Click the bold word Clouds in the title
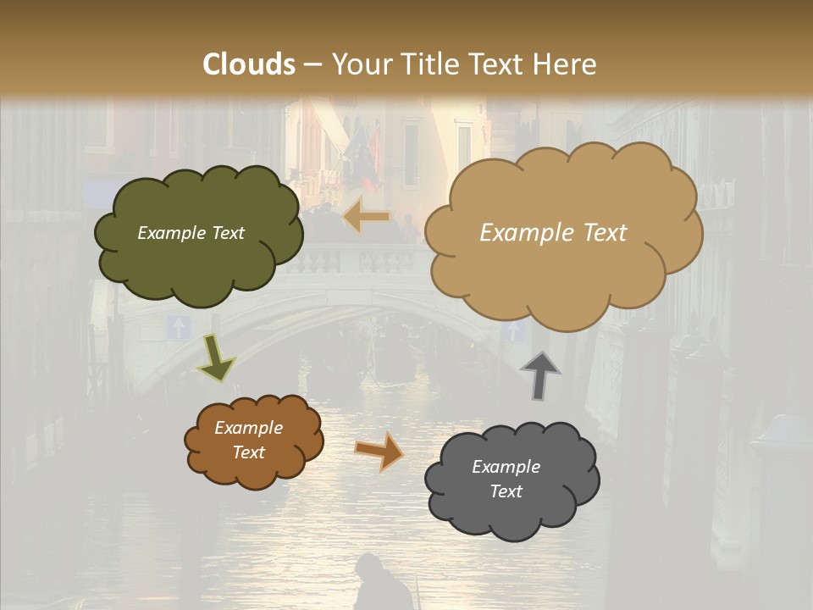click(x=249, y=64)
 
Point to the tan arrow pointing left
click(x=367, y=218)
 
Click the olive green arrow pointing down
click(x=216, y=357)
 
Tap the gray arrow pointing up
click(x=540, y=374)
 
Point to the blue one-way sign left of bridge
click(x=178, y=327)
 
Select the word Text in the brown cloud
click(x=248, y=452)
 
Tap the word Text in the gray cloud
click(x=506, y=491)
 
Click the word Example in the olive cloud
click(x=169, y=233)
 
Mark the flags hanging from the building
click(x=362, y=152)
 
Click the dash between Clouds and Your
click(x=313, y=64)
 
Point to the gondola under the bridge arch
click(x=394, y=360)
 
